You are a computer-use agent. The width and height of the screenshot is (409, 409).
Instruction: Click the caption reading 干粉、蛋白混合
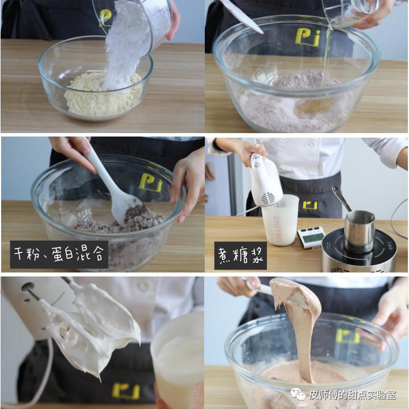click(x=59, y=254)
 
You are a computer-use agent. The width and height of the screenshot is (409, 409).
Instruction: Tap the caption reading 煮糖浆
click(x=240, y=255)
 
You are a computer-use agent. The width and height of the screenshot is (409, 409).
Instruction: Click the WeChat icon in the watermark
click(x=298, y=394)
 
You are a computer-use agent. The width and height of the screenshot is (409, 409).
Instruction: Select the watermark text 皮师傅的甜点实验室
click(x=352, y=395)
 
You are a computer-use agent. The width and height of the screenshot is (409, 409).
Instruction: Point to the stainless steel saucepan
click(x=359, y=231)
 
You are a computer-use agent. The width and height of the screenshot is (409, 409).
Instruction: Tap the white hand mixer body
click(x=265, y=179)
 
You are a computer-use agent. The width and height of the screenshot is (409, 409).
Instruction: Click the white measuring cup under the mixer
click(x=280, y=220)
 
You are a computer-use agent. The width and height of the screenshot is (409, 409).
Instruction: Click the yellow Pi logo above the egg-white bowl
click(x=308, y=37)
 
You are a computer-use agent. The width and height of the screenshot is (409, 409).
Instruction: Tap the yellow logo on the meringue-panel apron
click(x=126, y=391)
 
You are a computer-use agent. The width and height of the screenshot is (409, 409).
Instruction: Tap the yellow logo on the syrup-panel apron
click(x=309, y=205)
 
